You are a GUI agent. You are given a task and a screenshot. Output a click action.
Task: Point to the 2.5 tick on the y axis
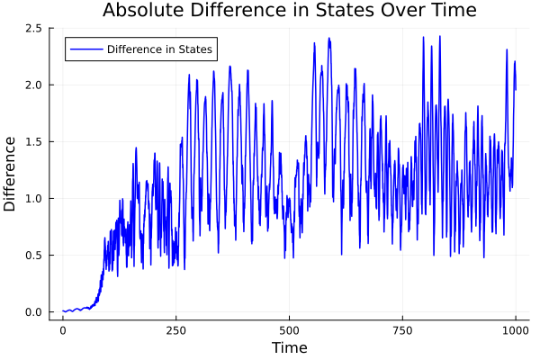(34, 28)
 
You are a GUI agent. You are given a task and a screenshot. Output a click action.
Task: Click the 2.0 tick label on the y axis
(34, 85)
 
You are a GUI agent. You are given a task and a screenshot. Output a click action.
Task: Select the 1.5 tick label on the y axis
(34, 141)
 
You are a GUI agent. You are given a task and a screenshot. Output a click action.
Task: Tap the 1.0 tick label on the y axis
(34, 198)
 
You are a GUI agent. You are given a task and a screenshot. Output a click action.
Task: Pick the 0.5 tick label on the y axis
(34, 256)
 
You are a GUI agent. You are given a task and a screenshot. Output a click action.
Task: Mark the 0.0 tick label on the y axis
(34, 312)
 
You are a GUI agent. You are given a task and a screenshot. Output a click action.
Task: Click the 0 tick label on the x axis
(62, 330)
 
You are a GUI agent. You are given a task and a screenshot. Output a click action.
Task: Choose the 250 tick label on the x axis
(175, 330)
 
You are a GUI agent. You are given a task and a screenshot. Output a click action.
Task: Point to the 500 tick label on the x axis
(289, 330)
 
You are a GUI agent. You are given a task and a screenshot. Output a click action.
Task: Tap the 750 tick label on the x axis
(402, 330)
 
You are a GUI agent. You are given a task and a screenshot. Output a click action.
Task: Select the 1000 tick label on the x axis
(516, 330)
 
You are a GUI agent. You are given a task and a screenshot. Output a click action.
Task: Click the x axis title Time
(289, 347)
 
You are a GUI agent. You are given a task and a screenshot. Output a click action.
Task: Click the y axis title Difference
(11, 173)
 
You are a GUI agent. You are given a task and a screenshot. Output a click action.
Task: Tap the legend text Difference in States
(159, 49)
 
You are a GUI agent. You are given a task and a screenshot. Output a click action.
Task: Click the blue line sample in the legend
(85, 49)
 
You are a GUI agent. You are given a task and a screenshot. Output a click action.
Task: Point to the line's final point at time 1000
(516, 89)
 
